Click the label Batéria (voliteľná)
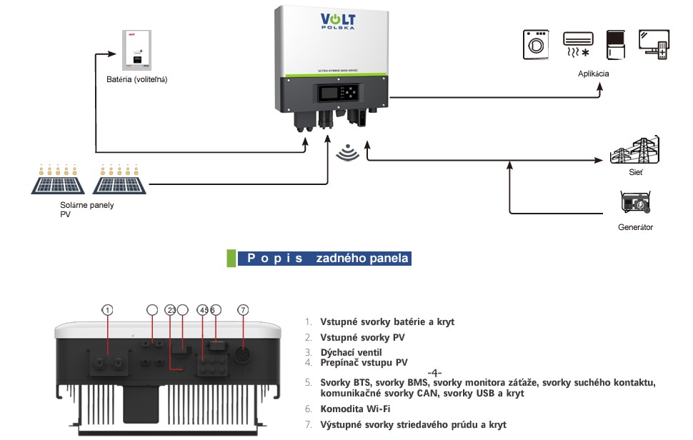point(136,79)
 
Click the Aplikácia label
point(594,74)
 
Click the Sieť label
point(635,174)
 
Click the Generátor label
point(635,227)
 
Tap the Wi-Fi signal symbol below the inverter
point(347,153)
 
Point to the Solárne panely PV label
point(87,209)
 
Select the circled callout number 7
point(244,310)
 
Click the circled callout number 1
point(107,310)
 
